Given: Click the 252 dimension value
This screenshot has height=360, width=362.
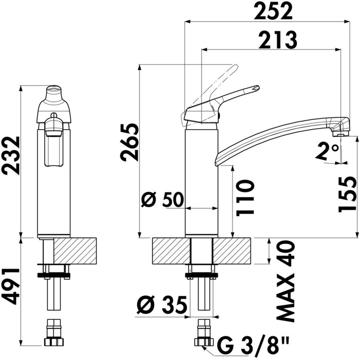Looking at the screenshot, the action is pos(273,11).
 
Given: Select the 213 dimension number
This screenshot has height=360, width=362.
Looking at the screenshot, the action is pos(278,40).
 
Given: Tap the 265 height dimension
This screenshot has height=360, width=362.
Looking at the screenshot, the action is pos(130,142).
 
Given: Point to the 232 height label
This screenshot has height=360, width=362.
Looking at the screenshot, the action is pos(11,155).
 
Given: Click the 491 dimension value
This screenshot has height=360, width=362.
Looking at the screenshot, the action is pos(11,286).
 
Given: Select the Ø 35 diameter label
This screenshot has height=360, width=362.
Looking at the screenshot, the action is pos(161,304).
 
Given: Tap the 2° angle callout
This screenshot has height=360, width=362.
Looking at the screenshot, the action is pos(328,151).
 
